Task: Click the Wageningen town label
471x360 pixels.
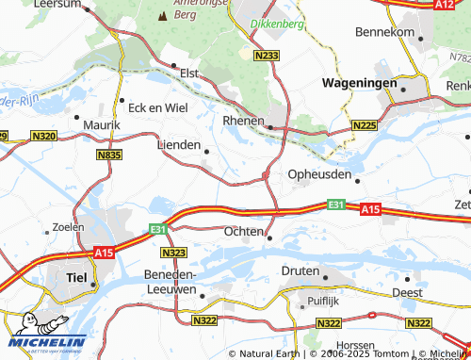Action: point(361,83)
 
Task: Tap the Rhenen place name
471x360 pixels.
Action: point(242,122)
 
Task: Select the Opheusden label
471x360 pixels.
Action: point(318,175)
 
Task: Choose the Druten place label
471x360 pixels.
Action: point(300,270)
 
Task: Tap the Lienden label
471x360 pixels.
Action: point(178,145)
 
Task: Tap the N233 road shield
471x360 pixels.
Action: point(266,56)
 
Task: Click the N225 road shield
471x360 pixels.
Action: point(365,125)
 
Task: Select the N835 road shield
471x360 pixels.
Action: point(109,154)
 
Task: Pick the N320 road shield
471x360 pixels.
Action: point(43,137)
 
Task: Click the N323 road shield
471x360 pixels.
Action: point(173,253)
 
